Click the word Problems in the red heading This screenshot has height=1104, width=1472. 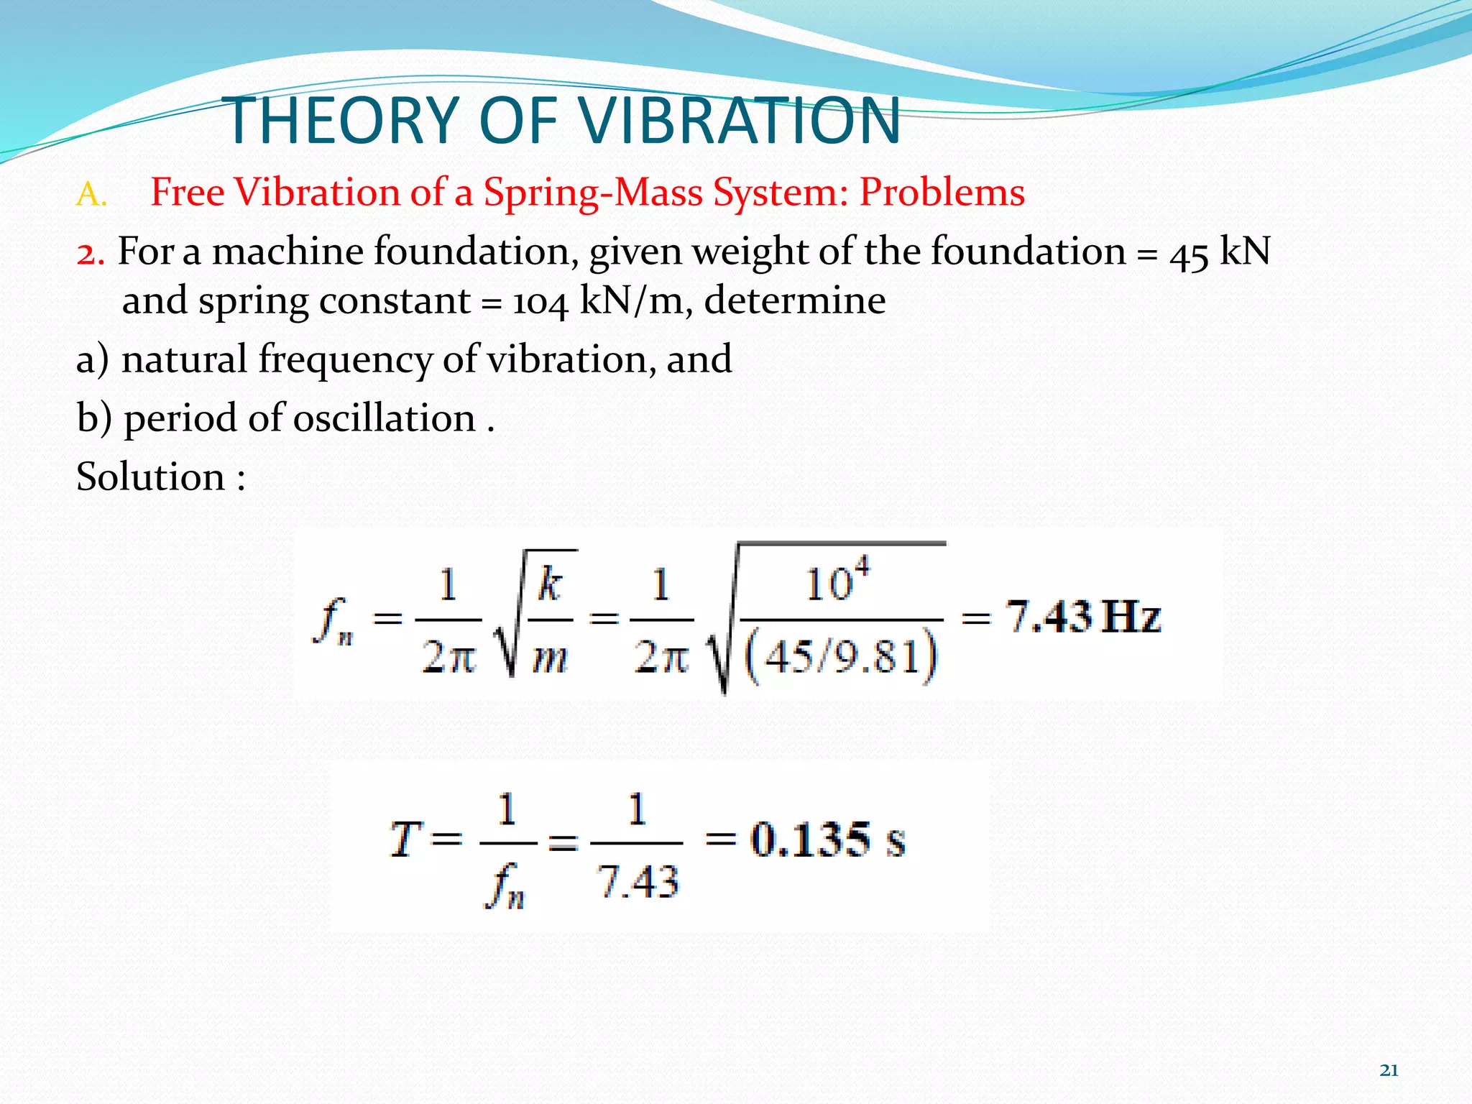click(x=942, y=193)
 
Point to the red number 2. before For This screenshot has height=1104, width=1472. click(x=91, y=254)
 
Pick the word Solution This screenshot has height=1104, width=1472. click(x=151, y=477)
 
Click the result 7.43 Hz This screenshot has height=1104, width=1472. click(x=1082, y=617)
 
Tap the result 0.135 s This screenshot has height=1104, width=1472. click(x=827, y=839)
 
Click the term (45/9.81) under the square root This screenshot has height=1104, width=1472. click(x=841, y=655)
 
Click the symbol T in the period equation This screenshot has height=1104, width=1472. click(x=404, y=839)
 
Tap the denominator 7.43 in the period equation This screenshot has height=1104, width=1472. click(x=638, y=882)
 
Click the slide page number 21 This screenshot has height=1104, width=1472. click(x=1389, y=1070)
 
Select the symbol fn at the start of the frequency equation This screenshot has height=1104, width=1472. click(x=333, y=621)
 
